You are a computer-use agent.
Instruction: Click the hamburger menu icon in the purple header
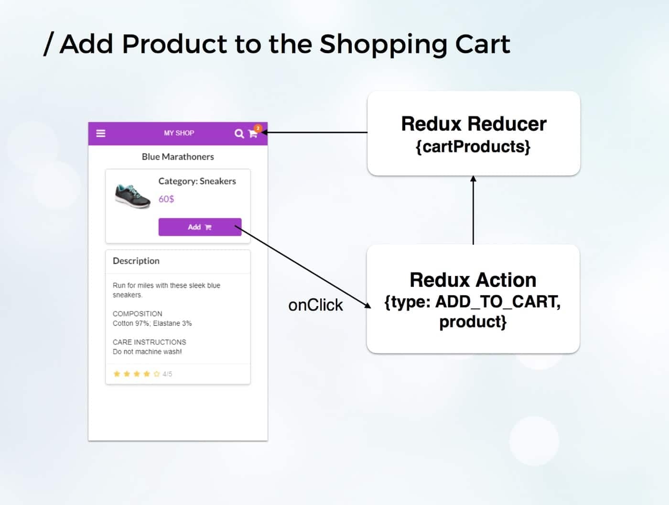click(101, 133)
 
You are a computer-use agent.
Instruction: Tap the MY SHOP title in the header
click(179, 133)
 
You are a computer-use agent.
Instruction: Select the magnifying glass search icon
click(239, 134)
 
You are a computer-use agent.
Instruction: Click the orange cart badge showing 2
click(258, 128)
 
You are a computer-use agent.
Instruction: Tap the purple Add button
click(200, 227)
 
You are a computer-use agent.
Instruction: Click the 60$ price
click(166, 199)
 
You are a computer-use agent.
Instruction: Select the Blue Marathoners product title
click(178, 157)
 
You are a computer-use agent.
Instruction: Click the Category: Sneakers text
click(197, 181)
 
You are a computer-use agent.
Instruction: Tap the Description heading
click(136, 261)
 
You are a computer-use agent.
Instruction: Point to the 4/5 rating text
click(167, 374)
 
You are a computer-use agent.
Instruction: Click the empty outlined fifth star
click(156, 374)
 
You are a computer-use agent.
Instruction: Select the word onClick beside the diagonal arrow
click(315, 305)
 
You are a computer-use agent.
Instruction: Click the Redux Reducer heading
click(474, 124)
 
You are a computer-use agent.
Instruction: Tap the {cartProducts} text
click(473, 146)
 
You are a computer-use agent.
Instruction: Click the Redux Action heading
click(473, 280)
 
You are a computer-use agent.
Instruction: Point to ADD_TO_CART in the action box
click(497, 302)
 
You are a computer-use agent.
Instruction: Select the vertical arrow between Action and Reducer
click(473, 210)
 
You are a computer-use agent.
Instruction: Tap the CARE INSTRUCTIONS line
click(149, 342)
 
